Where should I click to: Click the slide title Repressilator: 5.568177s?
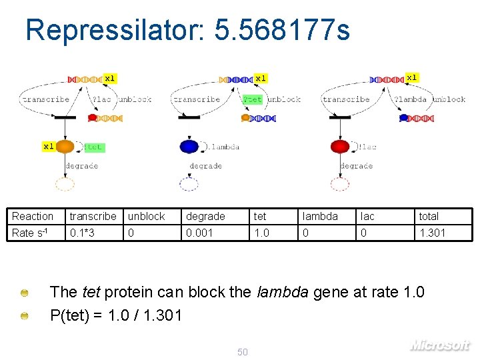coord(187,30)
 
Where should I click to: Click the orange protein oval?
coord(65,147)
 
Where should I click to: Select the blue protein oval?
coord(189,147)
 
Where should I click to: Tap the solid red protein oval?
coord(340,147)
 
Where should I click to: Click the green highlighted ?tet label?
coord(253,99)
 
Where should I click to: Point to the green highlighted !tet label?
coord(94,147)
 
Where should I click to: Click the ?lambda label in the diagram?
coord(411,99)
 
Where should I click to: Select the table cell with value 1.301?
coord(431,233)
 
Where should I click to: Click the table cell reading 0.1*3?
coord(82,233)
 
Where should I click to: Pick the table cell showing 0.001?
coord(199,233)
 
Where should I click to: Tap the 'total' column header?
coord(429,216)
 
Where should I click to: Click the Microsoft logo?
coord(439,345)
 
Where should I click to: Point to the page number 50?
coord(243,352)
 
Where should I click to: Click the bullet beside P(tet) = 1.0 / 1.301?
coord(24,315)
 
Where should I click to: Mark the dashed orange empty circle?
coord(65,185)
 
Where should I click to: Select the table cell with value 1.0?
coord(261,233)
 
